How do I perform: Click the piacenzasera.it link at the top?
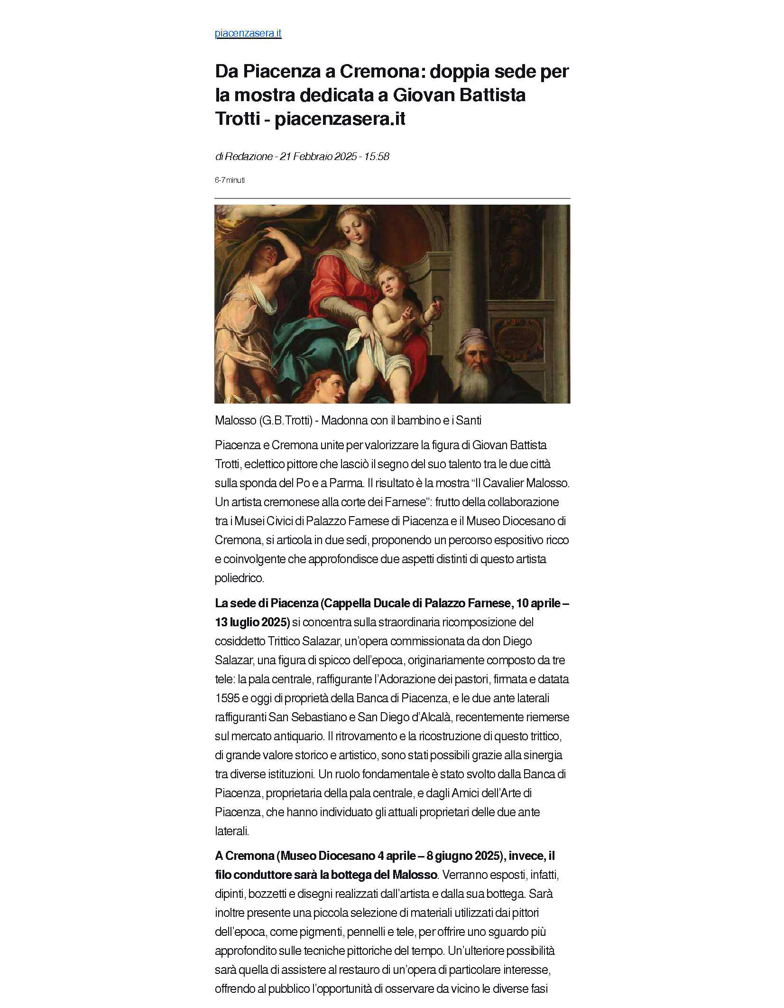tap(248, 33)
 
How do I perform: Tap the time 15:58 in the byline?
tap(377, 156)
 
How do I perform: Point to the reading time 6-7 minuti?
tap(230, 180)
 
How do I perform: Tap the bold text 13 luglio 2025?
tap(252, 622)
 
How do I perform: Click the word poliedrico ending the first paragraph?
tap(239, 578)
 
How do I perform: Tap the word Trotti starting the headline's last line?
tap(238, 119)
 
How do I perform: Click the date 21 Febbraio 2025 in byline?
tap(318, 156)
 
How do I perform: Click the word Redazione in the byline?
tap(249, 156)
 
